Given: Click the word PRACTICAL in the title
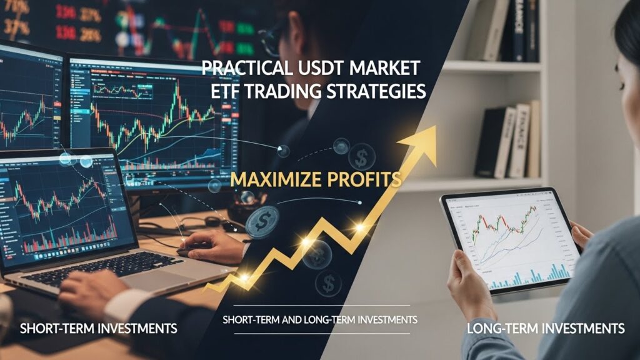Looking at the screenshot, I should (x=239, y=68).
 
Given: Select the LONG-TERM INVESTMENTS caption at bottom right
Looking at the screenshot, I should (x=546, y=328).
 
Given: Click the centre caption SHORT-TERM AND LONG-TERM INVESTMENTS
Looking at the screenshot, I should (x=319, y=320).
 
